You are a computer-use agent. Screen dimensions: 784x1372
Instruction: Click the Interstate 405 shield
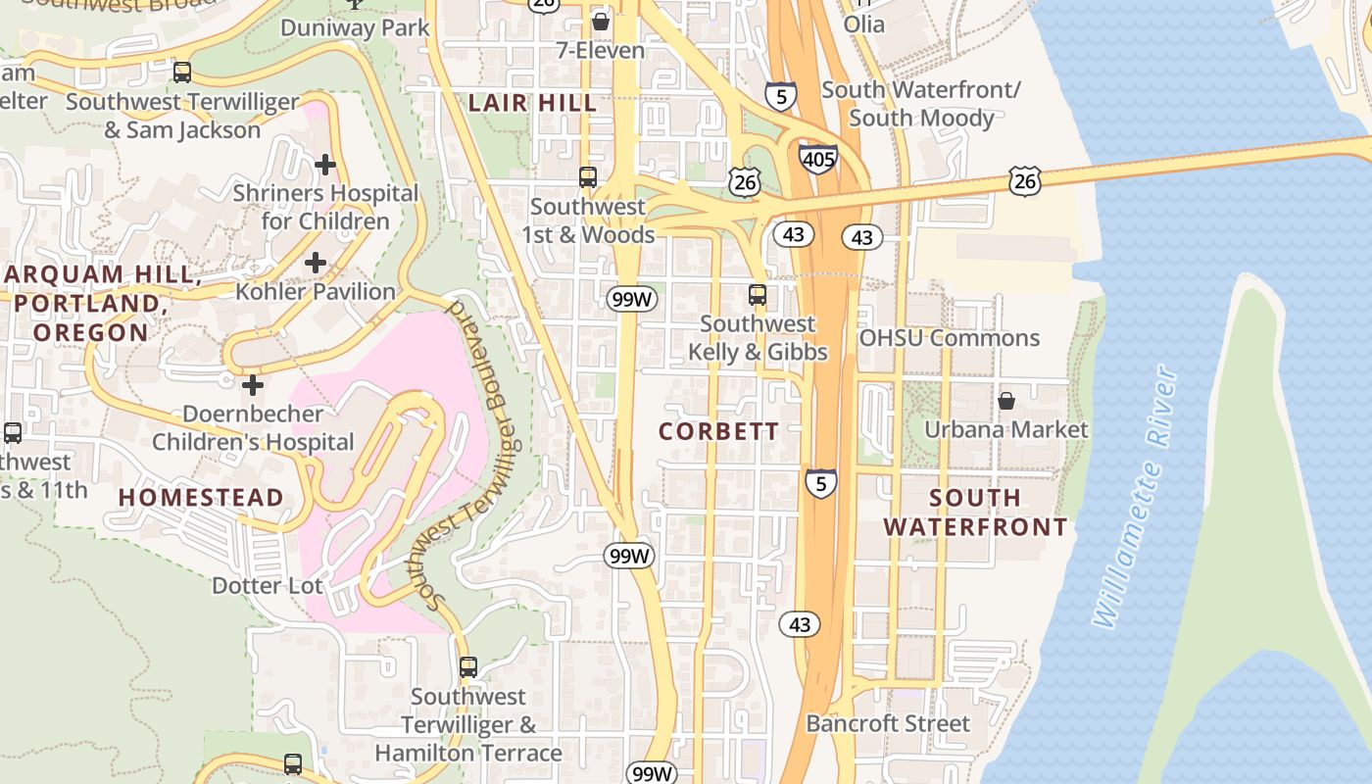pyautogui.click(x=817, y=158)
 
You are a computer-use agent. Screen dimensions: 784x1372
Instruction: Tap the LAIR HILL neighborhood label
pyautogui.click(x=532, y=103)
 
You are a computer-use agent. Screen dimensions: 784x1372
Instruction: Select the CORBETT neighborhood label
pyautogui.click(x=718, y=431)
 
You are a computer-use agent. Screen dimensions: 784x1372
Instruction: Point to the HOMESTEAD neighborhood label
pyautogui.click(x=201, y=498)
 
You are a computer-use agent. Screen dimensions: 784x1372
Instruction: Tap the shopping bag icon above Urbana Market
pyautogui.click(x=1006, y=401)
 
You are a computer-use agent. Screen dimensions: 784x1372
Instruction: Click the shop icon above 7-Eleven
pyautogui.click(x=600, y=21)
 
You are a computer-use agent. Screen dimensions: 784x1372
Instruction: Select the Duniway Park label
pyautogui.click(x=355, y=27)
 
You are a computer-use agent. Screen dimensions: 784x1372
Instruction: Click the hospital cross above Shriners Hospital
pyautogui.click(x=325, y=165)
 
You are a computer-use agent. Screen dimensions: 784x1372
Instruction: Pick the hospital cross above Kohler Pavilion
pyautogui.click(x=316, y=263)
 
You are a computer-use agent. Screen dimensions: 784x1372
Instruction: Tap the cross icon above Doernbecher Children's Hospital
pyautogui.click(x=253, y=385)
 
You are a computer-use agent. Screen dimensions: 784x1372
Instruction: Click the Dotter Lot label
pyautogui.click(x=268, y=586)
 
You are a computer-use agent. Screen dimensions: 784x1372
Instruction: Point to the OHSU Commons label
pyautogui.click(x=949, y=338)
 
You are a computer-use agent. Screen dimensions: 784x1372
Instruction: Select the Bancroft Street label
pyautogui.click(x=888, y=724)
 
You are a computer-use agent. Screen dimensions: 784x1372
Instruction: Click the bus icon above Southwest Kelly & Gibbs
pyautogui.click(x=758, y=294)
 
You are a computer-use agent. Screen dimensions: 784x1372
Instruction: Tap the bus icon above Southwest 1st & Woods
pyautogui.click(x=588, y=177)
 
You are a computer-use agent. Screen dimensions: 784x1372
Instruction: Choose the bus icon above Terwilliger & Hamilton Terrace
pyautogui.click(x=468, y=667)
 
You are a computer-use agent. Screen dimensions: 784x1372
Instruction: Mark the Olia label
pyautogui.click(x=863, y=24)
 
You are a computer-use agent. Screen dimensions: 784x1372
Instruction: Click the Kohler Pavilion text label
pyautogui.click(x=316, y=291)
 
